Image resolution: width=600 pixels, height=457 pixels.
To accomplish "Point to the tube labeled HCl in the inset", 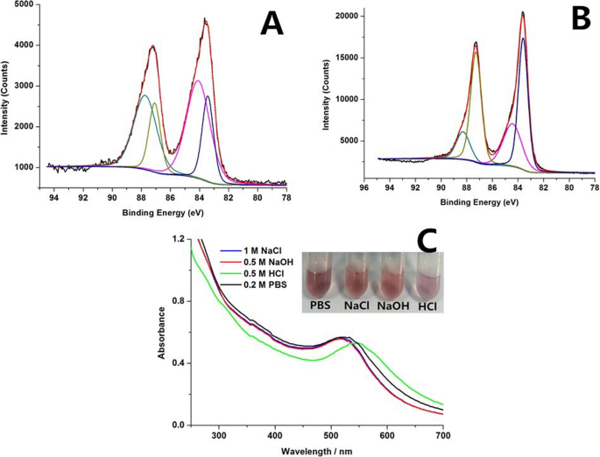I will [426, 279].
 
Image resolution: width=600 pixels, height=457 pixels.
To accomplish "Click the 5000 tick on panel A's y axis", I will [28, 5].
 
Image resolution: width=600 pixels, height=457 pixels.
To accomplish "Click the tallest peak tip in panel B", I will [523, 12].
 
